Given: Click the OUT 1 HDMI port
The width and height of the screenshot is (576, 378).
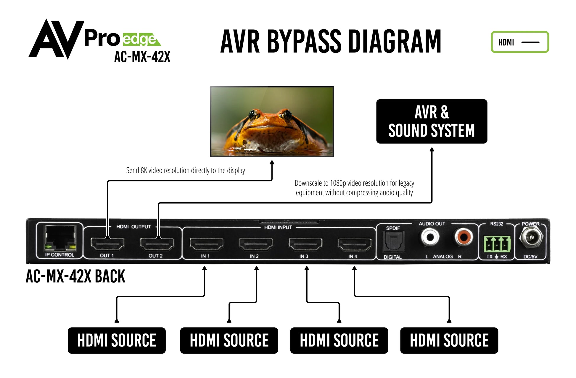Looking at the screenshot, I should (107, 244).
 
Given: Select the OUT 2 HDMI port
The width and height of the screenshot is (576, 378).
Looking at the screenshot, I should (157, 244).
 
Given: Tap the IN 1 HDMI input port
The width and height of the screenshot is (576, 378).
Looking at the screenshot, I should (206, 244).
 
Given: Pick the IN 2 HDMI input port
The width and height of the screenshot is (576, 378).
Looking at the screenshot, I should (256, 244).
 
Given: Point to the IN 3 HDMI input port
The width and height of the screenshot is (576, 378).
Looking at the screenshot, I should (305, 244).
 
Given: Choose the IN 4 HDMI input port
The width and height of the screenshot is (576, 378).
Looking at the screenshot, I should (355, 244).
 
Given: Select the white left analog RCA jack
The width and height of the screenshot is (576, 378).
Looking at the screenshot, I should (430, 237).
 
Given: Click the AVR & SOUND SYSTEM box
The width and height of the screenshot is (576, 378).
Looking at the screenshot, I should (432, 121).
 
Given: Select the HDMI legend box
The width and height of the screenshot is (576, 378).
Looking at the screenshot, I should (520, 42).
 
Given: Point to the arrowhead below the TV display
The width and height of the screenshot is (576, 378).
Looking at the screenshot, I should (272, 162).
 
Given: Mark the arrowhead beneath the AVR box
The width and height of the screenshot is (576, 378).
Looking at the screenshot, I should (432, 150).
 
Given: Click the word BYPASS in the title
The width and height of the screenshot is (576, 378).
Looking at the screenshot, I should (304, 41).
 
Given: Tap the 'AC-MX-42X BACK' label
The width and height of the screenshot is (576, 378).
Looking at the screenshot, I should (75, 276).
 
